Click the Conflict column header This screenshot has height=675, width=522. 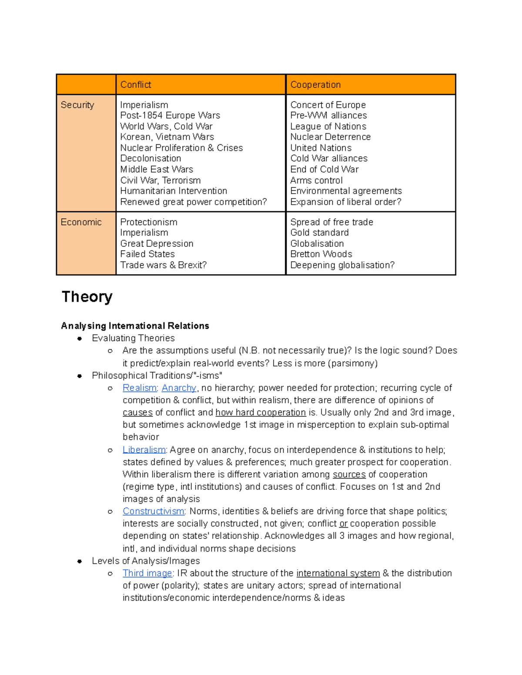coord(136,85)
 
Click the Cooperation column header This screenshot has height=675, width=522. coord(315,85)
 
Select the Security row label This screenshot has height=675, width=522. coord(77,105)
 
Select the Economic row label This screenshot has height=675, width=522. coord(81,222)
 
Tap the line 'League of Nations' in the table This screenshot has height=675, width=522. coord(328,126)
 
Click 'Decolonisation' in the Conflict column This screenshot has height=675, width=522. coord(151,159)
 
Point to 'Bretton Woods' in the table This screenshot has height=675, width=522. coord(321,254)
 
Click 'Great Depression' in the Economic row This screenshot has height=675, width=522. coord(157,244)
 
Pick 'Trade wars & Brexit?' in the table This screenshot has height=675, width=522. coord(163,265)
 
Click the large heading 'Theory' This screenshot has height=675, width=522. coord(87,297)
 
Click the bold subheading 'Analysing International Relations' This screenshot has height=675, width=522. coord(135,326)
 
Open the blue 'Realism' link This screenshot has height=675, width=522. coord(139,388)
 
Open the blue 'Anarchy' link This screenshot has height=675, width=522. coord(179,388)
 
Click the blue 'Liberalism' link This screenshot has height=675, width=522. coord(144,450)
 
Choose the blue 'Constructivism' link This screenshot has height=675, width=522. coord(154,512)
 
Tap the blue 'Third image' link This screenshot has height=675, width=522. coord(147,573)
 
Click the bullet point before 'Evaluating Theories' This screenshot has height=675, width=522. coord(80,339)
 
